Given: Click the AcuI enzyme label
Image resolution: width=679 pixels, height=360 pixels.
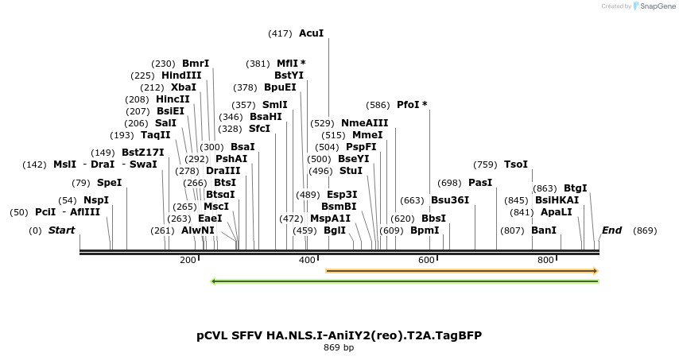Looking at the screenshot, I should pyautogui.click(x=311, y=33).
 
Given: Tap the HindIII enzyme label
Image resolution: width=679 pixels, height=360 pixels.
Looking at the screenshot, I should pyautogui.click(x=181, y=75).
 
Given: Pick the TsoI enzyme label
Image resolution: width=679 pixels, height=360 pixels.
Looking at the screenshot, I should pyautogui.click(x=515, y=165).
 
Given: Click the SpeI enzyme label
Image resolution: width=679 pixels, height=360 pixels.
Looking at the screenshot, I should pyautogui.click(x=109, y=183).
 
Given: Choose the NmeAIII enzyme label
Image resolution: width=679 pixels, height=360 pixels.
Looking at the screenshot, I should pyautogui.click(x=364, y=123).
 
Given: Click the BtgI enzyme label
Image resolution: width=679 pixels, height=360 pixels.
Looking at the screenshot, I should pyautogui.click(x=575, y=188).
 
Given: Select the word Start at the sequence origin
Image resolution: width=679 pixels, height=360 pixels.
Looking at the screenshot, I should pyautogui.click(x=61, y=230).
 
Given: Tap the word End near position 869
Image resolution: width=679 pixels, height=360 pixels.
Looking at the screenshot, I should pyautogui.click(x=611, y=230).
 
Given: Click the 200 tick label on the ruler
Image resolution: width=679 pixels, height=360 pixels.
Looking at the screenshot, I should pyautogui.click(x=188, y=261).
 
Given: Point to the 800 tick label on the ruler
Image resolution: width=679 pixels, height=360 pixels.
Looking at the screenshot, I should pyautogui.click(x=545, y=261).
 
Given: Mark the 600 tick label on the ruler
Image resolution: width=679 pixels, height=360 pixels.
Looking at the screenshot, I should pyautogui.click(x=426, y=261).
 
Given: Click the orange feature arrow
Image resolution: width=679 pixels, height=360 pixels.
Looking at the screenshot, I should pyautogui.click(x=461, y=271).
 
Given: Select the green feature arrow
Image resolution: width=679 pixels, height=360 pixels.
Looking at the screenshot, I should pyautogui.click(x=405, y=281).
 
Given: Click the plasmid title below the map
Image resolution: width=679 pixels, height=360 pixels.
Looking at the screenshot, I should pyautogui.click(x=339, y=335).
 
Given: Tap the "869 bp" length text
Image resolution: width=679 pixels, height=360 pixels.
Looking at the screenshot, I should pyautogui.click(x=339, y=348).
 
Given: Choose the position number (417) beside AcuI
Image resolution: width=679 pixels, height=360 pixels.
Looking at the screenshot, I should pyautogui.click(x=280, y=33).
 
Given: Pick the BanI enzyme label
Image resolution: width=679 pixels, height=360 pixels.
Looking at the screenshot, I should pyautogui.click(x=543, y=230).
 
